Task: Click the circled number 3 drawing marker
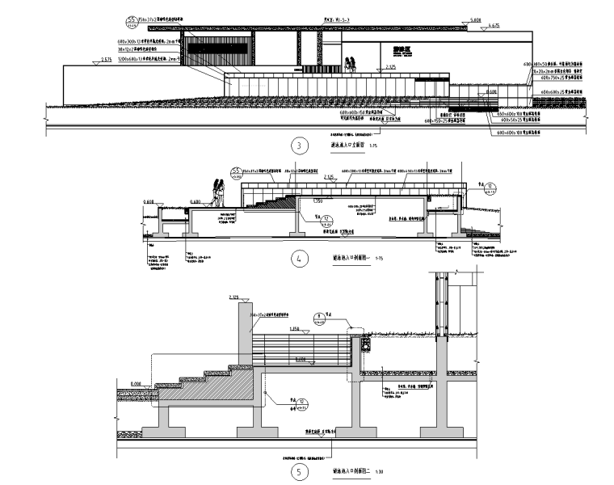[301, 146]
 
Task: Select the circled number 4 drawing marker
[300, 259]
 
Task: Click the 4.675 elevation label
[494, 26]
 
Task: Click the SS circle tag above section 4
[237, 171]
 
